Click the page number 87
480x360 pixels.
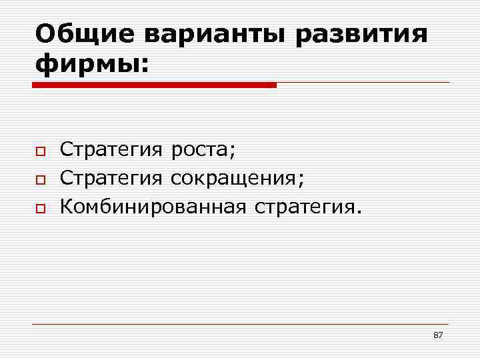point(438,335)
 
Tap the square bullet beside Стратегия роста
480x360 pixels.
point(40,153)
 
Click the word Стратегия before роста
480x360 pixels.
point(111,150)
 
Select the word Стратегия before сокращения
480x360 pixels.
point(111,178)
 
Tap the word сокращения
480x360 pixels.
point(235,179)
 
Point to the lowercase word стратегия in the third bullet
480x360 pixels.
point(303,207)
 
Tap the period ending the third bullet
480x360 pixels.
point(360,212)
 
